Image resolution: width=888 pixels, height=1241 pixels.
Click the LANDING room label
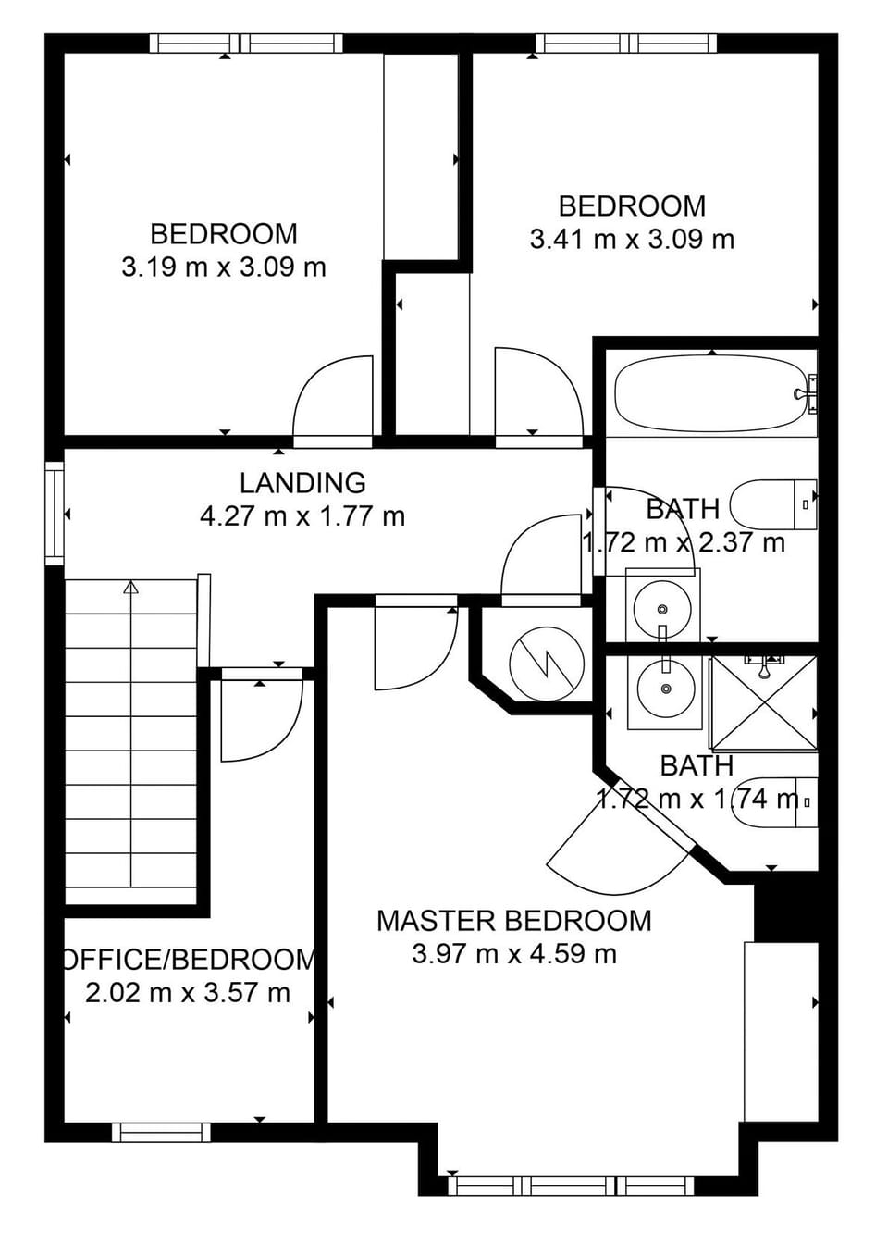(x=302, y=483)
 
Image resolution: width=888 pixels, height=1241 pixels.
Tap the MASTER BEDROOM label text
(x=513, y=921)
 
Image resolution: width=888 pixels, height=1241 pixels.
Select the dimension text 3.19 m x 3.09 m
(x=224, y=267)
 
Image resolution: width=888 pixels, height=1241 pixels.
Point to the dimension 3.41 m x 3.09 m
(x=632, y=240)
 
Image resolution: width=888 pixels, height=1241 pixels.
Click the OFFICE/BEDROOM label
(x=190, y=960)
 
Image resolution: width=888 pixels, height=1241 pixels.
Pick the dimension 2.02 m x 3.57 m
(x=188, y=993)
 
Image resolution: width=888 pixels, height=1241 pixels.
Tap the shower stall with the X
(x=763, y=703)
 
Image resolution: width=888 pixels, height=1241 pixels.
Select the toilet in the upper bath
(x=772, y=504)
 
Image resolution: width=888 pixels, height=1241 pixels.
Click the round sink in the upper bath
(x=662, y=608)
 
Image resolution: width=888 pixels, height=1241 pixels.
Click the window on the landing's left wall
(x=55, y=514)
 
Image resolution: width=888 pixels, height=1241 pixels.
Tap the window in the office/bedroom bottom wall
(x=161, y=1132)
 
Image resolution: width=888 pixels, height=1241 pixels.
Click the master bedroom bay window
(x=571, y=1185)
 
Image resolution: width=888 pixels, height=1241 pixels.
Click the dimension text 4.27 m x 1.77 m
(x=302, y=516)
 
